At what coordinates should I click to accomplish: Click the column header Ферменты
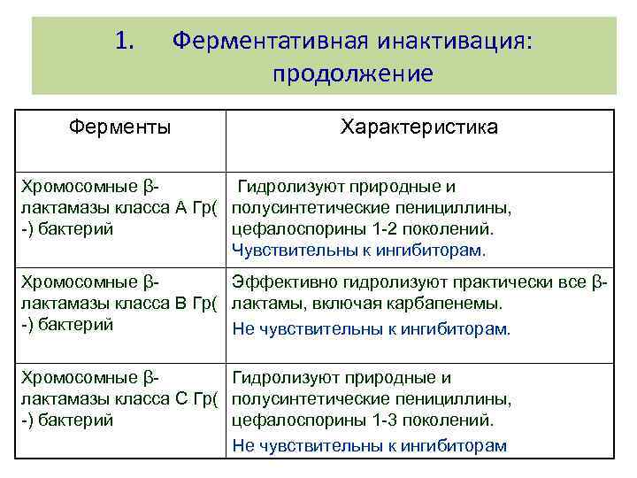click(x=120, y=127)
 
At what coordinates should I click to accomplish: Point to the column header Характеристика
click(x=419, y=127)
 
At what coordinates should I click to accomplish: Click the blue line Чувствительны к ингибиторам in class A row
click(x=358, y=251)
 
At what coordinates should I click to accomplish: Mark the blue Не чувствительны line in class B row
click(x=371, y=329)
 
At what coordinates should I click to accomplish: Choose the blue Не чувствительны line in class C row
click(x=369, y=445)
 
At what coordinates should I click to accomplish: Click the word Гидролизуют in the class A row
click(x=290, y=187)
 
